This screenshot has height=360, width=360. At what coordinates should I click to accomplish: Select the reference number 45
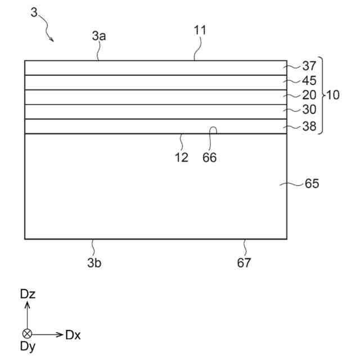coord(309,81)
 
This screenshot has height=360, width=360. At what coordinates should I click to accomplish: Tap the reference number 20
coord(309,96)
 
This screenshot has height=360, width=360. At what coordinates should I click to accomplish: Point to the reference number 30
coord(309,110)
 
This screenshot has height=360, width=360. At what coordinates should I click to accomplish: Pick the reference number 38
coord(309,127)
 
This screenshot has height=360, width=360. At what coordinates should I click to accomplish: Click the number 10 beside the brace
coord(332,95)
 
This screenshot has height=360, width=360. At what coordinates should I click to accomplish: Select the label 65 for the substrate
coord(312,184)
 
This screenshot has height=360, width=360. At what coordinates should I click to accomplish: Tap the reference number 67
coord(244,262)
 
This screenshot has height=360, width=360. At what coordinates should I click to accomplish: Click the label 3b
coord(94,262)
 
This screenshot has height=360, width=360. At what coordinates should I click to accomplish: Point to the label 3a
coord(100,36)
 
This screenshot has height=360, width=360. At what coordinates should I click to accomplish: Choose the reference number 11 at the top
coord(200,30)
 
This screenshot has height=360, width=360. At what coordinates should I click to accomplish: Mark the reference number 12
coord(181,158)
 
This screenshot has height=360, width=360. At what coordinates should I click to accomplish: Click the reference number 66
coord(209,158)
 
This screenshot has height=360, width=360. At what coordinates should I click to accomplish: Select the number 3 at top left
coord(34,12)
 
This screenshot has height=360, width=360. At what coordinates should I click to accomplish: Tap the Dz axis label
coord(28,293)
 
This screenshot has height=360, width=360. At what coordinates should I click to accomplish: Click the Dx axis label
coord(73,335)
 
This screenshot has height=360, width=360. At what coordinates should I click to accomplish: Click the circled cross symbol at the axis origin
coord(27,334)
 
